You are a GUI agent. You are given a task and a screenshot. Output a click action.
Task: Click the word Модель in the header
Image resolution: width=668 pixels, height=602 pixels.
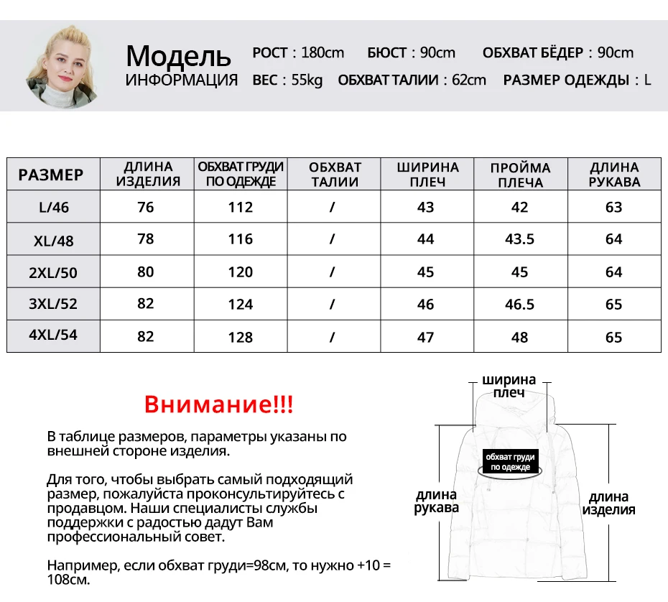click(178, 55)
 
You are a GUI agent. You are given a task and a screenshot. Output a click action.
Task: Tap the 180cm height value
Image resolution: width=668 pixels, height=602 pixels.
click(323, 52)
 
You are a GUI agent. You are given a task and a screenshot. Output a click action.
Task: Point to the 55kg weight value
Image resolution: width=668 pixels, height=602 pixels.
click(307, 80)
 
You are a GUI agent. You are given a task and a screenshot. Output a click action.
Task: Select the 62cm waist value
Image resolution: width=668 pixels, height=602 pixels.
click(468, 80)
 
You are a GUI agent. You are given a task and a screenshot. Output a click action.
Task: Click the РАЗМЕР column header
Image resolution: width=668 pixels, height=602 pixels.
click(51, 175)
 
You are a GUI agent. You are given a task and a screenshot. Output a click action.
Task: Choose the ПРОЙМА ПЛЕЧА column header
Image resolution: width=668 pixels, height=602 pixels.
click(520, 175)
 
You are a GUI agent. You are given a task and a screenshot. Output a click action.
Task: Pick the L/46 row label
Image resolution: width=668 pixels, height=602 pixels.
click(54, 208)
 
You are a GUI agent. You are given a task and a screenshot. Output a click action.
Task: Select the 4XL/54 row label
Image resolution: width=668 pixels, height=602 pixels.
click(53, 336)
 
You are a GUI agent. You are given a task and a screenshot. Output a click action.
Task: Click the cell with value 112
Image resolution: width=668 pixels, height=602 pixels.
click(241, 208)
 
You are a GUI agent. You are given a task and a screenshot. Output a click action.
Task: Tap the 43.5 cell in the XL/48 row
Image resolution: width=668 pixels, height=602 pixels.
click(519, 239)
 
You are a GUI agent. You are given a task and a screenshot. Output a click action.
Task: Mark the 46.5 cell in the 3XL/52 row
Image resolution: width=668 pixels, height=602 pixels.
click(519, 304)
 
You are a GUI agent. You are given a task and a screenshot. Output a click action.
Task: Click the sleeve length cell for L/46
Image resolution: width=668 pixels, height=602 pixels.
click(613, 208)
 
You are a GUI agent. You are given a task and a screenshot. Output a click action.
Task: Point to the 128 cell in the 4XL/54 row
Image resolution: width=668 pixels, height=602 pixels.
click(241, 337)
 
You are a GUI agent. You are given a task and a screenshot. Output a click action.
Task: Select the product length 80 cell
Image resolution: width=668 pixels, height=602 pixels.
click(146, 272)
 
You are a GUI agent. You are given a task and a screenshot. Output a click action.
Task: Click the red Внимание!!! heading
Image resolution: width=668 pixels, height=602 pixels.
click(219, 404)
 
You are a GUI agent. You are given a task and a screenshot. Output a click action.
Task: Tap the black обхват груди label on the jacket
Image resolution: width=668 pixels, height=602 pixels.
click(511, 461)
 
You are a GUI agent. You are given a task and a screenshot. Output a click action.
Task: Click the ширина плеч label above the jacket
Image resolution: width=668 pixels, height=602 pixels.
click(509, 386)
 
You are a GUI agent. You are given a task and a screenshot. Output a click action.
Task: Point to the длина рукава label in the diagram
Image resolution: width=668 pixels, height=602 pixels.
click(436, 501)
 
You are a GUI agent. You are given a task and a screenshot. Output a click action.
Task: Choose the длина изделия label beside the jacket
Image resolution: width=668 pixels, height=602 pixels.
click(608, 503)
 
